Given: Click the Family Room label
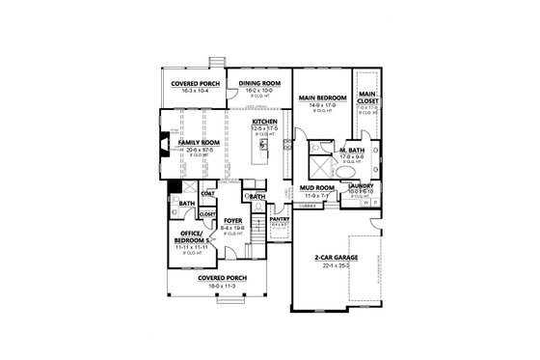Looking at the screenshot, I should [196, 143].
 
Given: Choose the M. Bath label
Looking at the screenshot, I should [350, 152].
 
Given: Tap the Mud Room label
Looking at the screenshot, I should [318, 187].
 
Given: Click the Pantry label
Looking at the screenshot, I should [281, 219].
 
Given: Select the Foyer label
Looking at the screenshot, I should [232, 221].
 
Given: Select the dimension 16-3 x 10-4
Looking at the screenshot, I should [192, 89].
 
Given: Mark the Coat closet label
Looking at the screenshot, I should [207, 192].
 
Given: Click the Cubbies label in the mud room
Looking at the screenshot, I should [308, 206].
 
